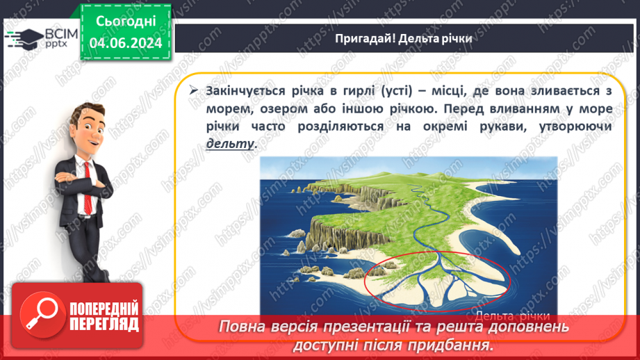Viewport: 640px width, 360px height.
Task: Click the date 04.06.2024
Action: click(125, 42)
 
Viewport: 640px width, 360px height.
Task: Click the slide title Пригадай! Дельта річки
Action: click(403, 38)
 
